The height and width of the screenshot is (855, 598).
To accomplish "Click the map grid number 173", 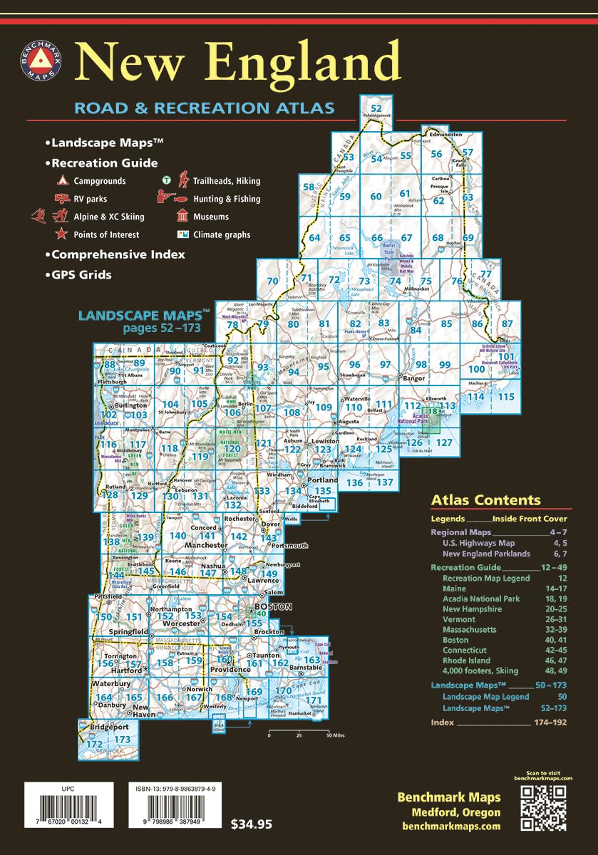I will click(x=123, y=740).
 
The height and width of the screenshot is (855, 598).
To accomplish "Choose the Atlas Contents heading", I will click(x=486, y=500).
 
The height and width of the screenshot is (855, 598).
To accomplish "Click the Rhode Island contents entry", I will click(x=468, y=660).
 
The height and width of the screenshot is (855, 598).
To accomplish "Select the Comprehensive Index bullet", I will click(x=118, y=254).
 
